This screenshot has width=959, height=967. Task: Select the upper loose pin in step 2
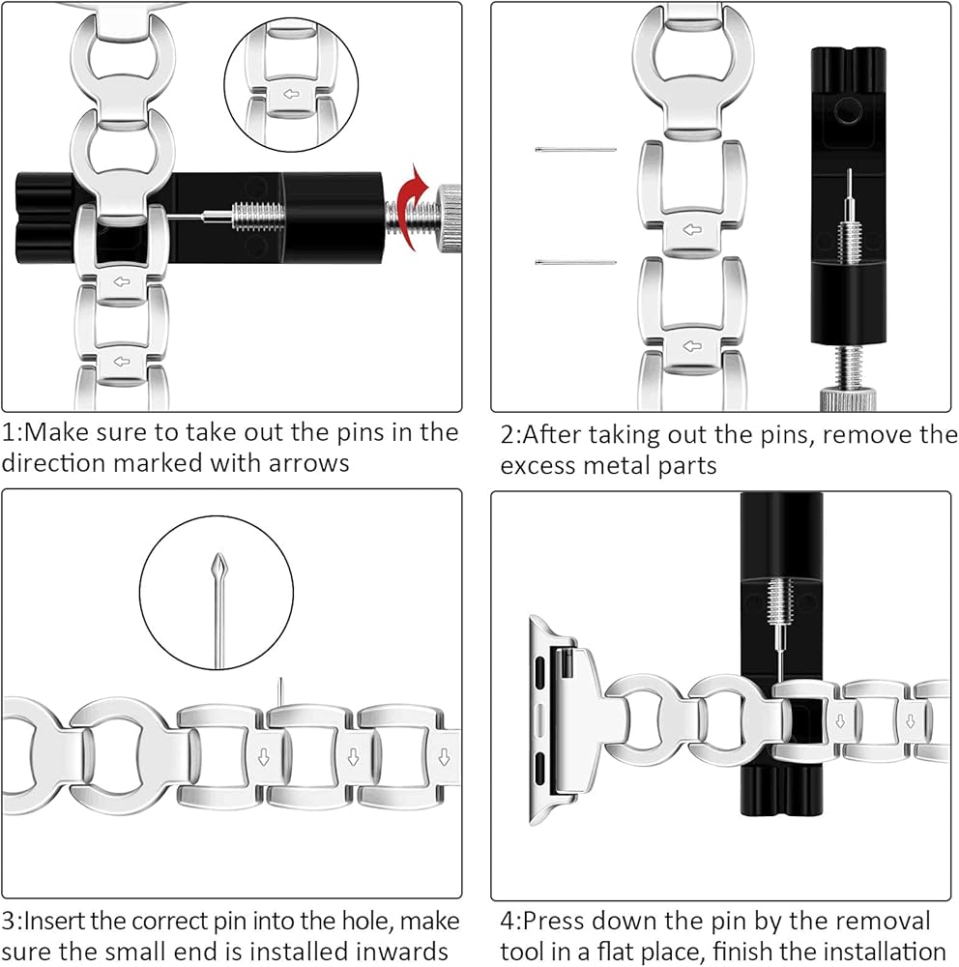pos(575,150)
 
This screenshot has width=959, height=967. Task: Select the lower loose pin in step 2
pos(575,262)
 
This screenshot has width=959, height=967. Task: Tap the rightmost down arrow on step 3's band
pos(444,754)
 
